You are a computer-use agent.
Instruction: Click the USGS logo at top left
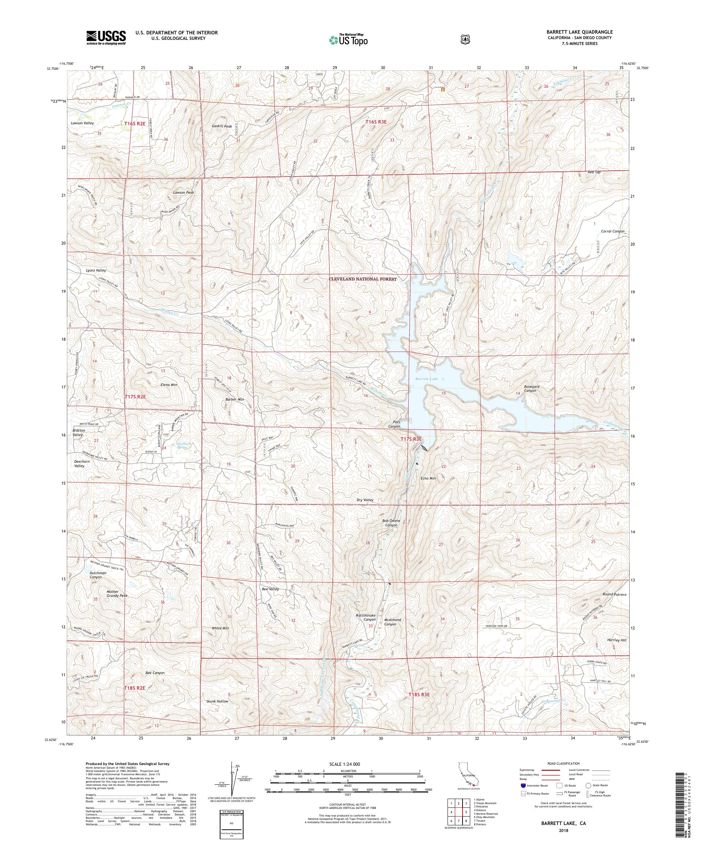106,38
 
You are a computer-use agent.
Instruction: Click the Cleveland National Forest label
362,279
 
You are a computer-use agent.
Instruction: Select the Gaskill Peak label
222,126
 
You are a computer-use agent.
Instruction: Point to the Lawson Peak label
184,192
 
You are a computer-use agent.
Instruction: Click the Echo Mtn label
429,478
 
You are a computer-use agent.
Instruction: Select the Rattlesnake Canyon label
366,617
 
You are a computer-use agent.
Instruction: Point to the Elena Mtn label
169,385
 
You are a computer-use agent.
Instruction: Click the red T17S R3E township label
411,439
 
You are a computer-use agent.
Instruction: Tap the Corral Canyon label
612,231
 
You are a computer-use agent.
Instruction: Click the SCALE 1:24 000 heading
347,764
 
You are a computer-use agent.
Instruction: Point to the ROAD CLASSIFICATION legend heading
563,764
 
